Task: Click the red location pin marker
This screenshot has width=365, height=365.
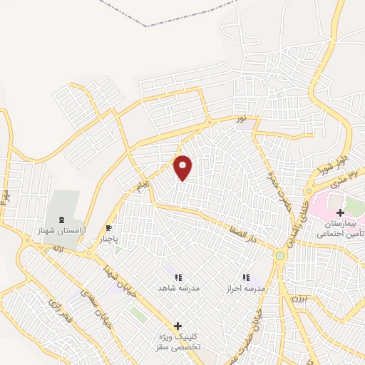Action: [x=183, y=168]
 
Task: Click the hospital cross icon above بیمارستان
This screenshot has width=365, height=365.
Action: [x=340, y=212]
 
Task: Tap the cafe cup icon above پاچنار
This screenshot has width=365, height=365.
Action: [x=108, y=229]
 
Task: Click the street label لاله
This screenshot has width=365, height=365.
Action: [x=58, y=248]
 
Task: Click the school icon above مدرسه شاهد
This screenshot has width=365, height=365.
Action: [x=178, y=277]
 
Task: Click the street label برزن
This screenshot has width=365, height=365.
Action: [x=298, y=298]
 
